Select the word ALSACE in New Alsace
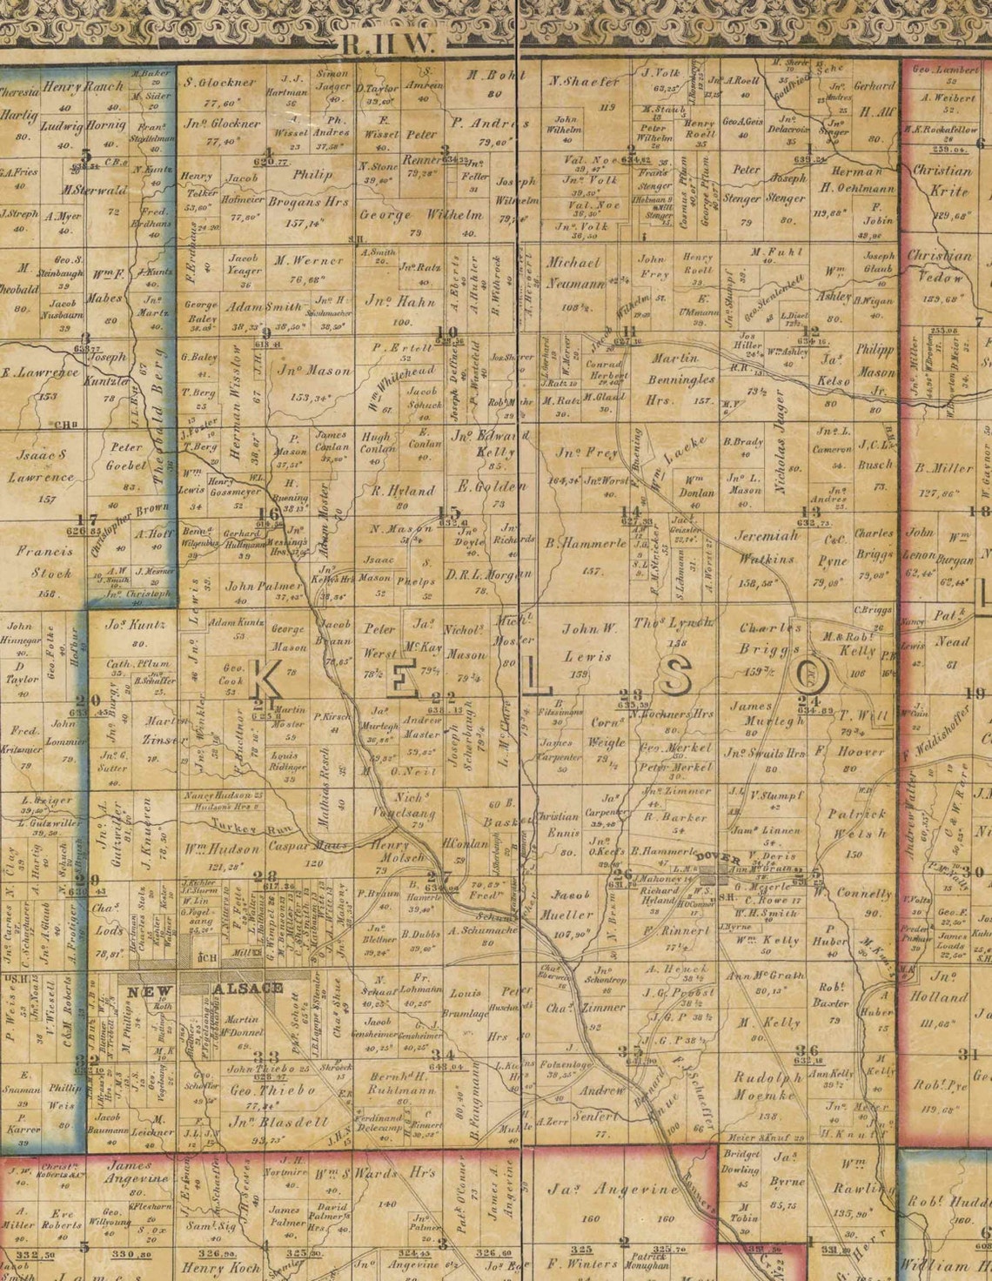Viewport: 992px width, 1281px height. pyautogui.click(x=248, y=988)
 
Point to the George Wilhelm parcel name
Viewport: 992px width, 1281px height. pyautogui.click(x=420, y=214)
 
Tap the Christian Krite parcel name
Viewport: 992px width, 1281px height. pyautogui.click(x=942, y=180)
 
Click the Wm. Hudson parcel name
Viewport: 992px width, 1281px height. pyautogui.click(x=209, y=848)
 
